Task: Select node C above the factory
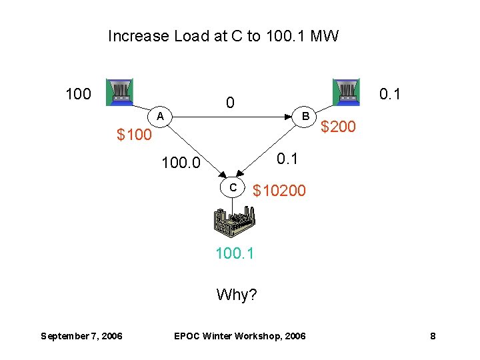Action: coord(233,187)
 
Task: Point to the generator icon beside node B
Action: coord(346,92)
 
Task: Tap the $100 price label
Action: coord(134,135)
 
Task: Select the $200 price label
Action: coord(338,126)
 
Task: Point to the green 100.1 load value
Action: coord(235,254)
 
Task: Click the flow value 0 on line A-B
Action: coord(230,103)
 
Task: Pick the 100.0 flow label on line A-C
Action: coord(181,162)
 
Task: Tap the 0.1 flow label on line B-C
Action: coord(288,158)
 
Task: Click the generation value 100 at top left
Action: coord(78,94)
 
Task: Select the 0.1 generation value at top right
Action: coord(390,94)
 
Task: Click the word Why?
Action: coord(237,294)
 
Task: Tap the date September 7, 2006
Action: coord(81,336)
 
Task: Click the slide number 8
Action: coord(433,336)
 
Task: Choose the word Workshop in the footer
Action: coord(265,336)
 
